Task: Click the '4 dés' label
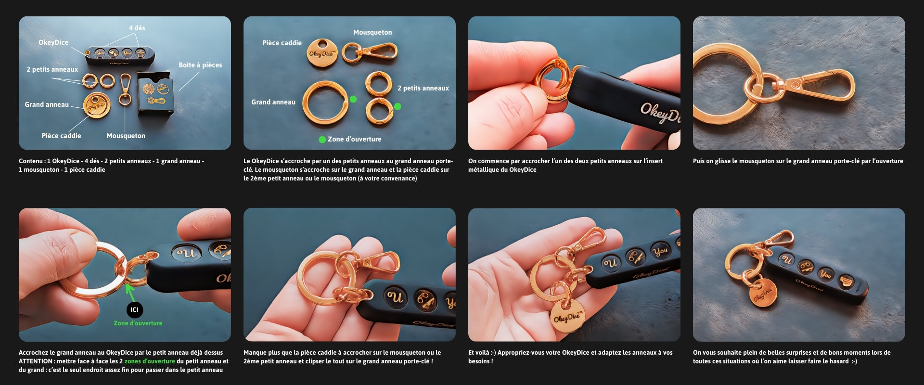[x=137, y=28]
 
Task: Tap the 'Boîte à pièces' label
[x=200, y=65]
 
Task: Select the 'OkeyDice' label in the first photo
[x=53, y=42]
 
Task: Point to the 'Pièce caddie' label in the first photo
[x=61, y=136]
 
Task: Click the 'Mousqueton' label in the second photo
[x=372, y=32]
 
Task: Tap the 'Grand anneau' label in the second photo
[x=273, y=102]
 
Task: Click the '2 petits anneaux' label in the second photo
[x=423, y=88]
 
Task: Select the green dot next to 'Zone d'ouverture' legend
[x=322, y=140]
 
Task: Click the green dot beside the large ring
[x=353, y=99]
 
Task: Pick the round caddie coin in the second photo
[x=321, y=53]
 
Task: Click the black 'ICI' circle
[x=134, y=309]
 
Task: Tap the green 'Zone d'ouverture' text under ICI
[x=138, y=323]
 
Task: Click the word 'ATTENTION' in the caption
[x=36, y=361]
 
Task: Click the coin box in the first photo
[x=155, y=93]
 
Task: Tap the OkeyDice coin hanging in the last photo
[x=763, y=291]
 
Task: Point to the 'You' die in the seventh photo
[x=660, y=250]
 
